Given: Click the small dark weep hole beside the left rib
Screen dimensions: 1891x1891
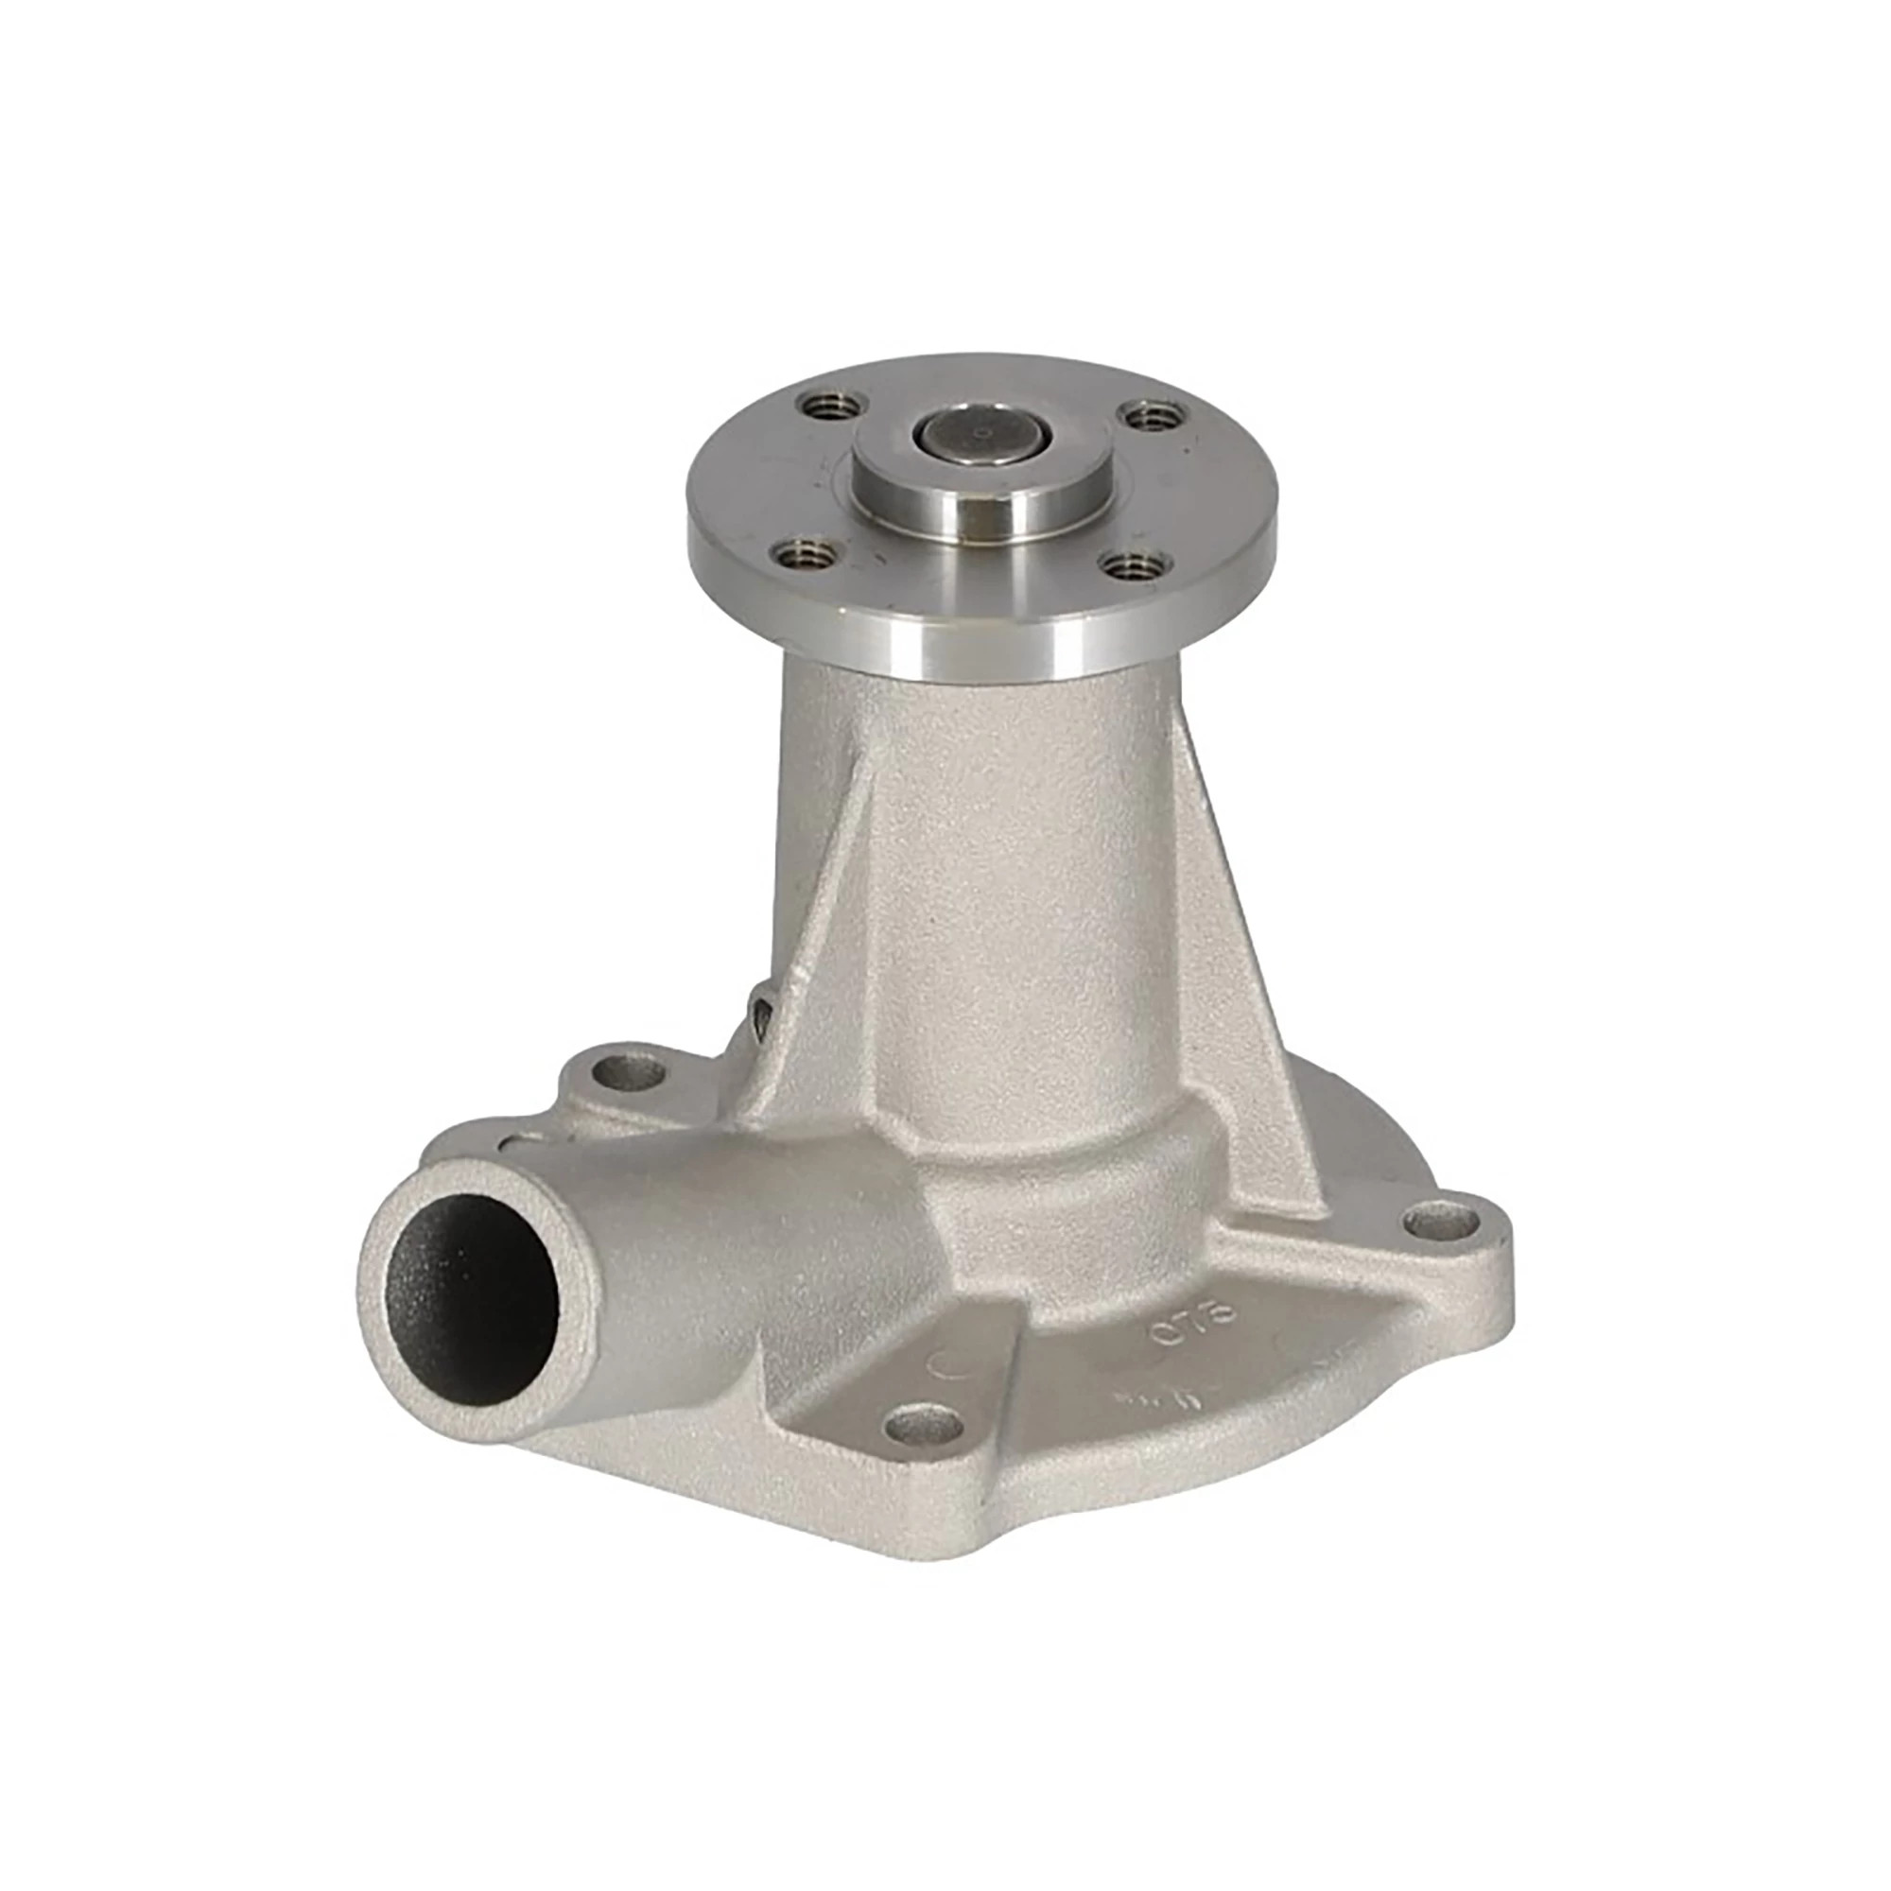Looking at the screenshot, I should [759, 998].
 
